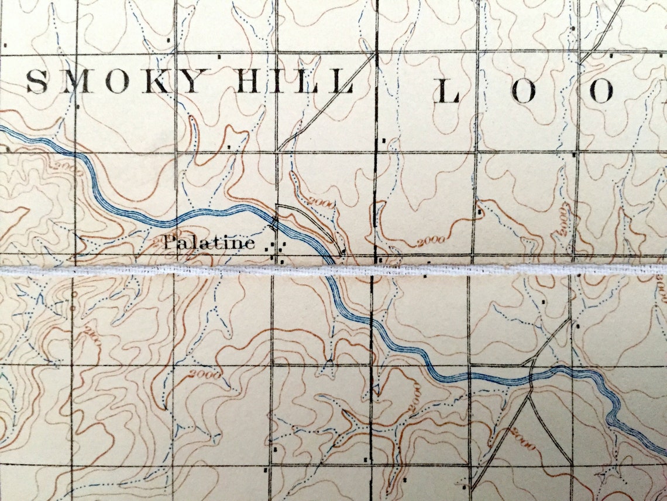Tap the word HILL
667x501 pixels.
295,81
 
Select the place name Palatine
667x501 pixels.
208,243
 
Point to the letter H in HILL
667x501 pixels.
250,81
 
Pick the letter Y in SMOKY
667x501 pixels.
191,81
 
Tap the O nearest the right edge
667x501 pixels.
600,91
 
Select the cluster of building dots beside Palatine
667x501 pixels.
276,248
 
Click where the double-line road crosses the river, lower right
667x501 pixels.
530,377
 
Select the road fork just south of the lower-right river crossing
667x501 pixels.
530,396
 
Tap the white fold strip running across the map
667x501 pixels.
468,270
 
